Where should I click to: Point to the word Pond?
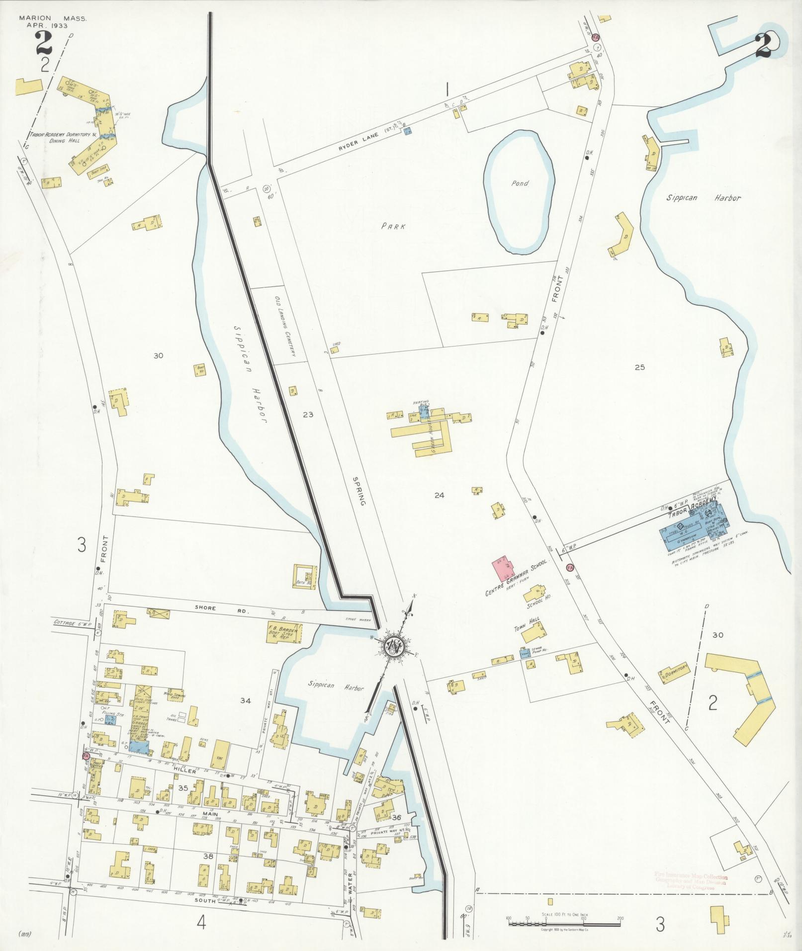point(520,183)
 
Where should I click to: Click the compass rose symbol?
point(396,645)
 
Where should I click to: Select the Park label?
point(393,226)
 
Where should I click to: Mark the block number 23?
point(308,414)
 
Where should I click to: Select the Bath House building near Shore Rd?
point(304,577)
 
